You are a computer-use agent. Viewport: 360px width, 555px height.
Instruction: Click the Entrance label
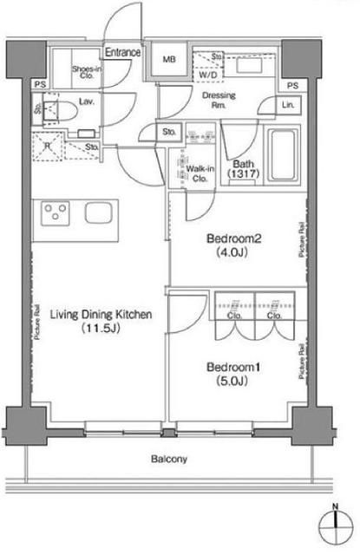tap(124, 52)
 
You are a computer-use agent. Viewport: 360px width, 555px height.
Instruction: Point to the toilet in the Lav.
tap(58, 110)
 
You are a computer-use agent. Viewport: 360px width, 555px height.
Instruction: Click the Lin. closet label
tap(287, 105)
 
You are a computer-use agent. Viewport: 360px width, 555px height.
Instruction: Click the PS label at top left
tap(41, 85)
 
